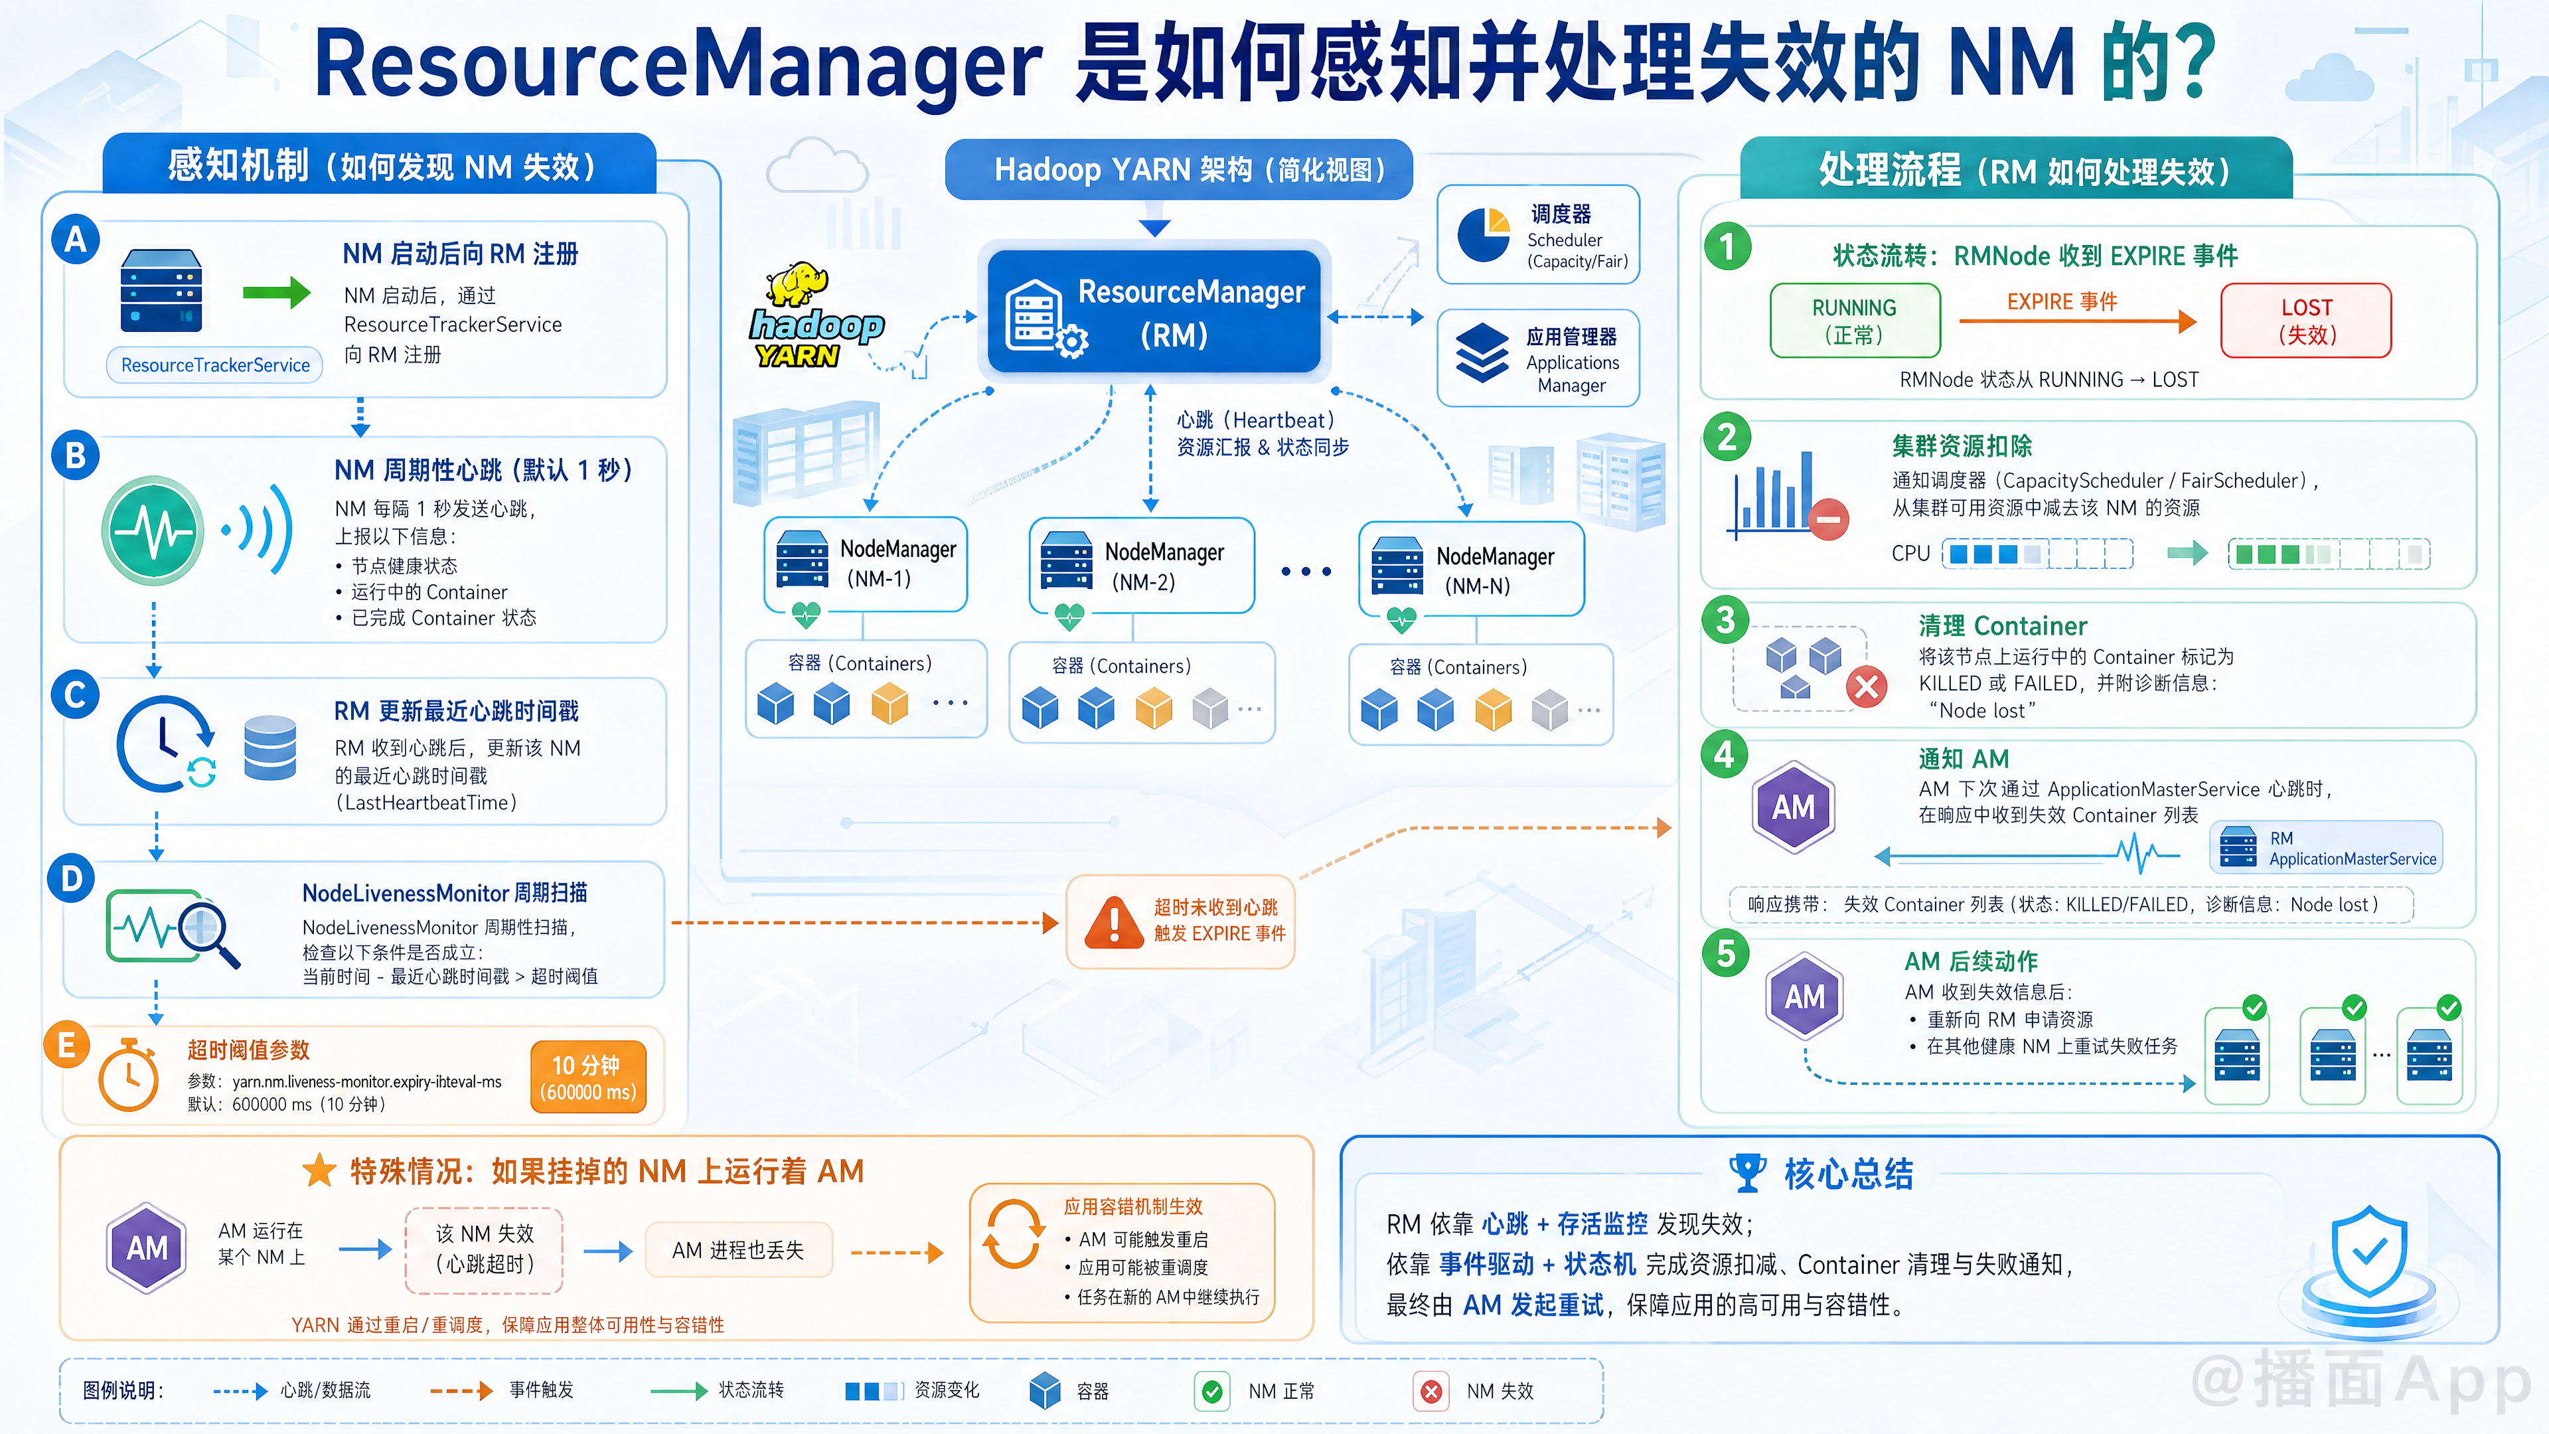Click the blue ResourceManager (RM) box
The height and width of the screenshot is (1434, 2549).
click(x=1154, y=312)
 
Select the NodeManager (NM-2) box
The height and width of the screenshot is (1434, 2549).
click(x=1142, y=565)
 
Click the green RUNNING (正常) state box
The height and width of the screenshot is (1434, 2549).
click(x=1855, y=321)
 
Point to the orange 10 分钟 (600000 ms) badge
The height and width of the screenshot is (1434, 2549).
click(x=587, y=1077)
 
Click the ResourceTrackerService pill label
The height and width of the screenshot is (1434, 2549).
click(x=214, y=365)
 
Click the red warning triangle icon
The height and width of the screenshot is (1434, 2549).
click(x=1115, y=922)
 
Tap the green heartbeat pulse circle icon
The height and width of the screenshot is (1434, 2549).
click(x=153, y=530)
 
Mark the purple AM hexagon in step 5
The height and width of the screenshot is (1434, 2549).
click(x=1805, y=996)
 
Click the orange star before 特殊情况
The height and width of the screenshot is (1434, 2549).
click(x=319, y=1170)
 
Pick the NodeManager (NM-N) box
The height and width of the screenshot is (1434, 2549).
click(x=1472, y=569)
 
